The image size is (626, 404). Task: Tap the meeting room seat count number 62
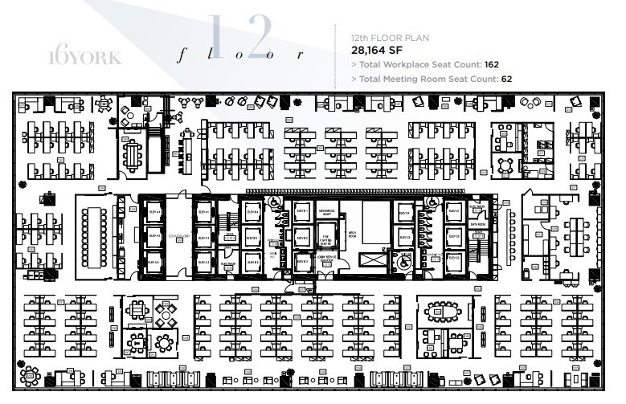(505, 79)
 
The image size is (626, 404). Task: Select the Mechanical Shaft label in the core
(327, 213)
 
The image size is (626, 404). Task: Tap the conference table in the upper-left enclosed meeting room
(133, 154)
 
